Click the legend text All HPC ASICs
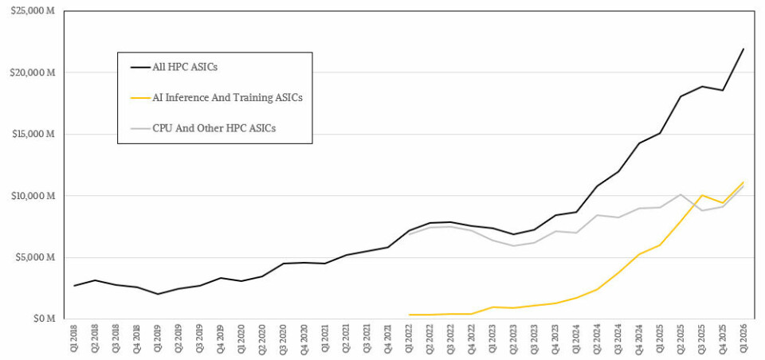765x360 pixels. point(185,68)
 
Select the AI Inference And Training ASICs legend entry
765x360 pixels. point(227,98)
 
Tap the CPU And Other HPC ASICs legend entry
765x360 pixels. point(214,127)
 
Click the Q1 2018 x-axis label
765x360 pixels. point(74,339)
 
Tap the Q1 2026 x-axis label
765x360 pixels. point(743,339)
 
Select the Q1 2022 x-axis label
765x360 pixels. point(409,339)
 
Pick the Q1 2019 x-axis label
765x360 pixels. point(158,339)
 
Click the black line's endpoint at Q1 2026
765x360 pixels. point(743,49)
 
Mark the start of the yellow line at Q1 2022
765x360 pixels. point(409,315)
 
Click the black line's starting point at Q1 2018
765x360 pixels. point(74,285)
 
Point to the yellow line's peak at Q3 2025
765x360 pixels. point(701,195)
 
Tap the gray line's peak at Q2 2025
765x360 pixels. point(680,194)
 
